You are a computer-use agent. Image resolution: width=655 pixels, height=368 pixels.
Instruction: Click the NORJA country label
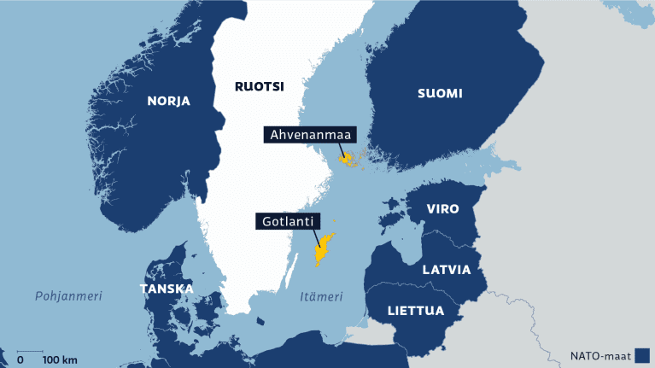[x=168, y=101]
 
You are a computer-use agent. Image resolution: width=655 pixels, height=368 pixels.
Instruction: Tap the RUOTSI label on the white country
[x=260, y=85]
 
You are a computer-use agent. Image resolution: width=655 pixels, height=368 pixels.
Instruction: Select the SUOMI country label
[x=440, y=94]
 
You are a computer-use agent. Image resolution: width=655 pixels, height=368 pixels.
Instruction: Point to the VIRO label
[x=442, y=209]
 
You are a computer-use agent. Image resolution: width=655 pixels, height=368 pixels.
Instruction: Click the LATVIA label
[x=446, y=270]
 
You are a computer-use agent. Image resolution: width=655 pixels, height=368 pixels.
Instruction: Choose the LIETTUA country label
[x=416, y=310]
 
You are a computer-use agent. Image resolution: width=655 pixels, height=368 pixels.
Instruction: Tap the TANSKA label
[x=166, y=289]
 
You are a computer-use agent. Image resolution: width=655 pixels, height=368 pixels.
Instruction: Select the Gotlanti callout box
[x=286, y=222]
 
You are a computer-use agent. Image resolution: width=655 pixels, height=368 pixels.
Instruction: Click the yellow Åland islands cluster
[x=350, y=159]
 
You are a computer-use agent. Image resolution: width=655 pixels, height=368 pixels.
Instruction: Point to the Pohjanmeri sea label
[x=68, y=296]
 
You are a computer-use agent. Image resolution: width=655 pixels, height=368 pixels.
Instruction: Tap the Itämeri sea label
[x=321, y=297]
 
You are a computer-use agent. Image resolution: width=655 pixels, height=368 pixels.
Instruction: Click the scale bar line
[x=30, y=350]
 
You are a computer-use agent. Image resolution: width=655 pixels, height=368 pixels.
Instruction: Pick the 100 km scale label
[x=60, y=359]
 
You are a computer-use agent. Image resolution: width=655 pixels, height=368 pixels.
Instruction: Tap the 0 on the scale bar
[x=20, y=359]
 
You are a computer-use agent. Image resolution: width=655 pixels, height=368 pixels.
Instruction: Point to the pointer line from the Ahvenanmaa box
[x=340, y=149]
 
